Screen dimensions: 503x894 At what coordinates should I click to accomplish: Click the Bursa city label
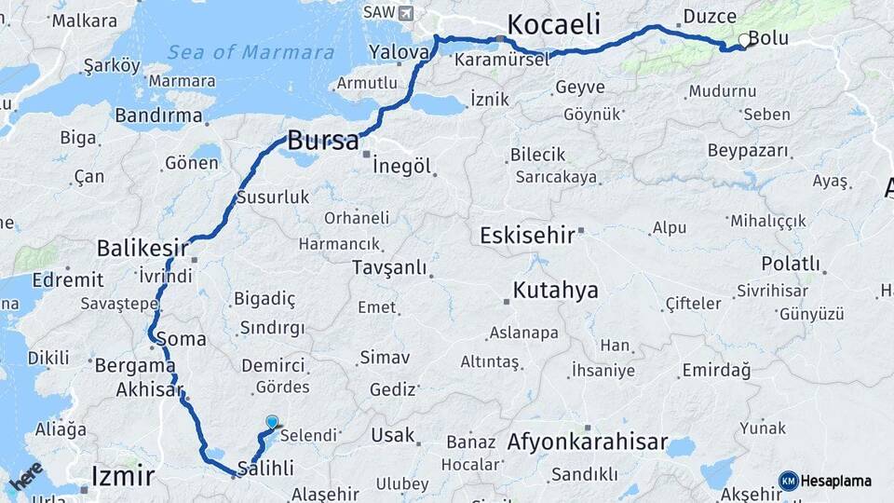click(322, 142)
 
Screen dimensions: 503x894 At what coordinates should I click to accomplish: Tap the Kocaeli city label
click(554, 24)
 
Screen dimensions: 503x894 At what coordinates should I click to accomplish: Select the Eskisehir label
click(527, 235)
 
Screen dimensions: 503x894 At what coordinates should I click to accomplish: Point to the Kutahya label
click(555, 291)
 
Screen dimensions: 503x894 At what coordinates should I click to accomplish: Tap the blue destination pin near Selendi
click(272, 422)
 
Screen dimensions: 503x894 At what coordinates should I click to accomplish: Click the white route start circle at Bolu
click(743, 40)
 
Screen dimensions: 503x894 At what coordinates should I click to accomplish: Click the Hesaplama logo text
click(835, 481)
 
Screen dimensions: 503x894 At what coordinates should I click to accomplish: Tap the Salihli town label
click(266, 468)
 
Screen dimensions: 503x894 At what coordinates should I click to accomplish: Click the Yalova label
click(398, 52)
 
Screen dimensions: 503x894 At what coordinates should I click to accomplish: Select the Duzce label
click(710, 16)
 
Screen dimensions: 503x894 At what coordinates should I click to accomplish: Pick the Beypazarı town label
click(748, 150)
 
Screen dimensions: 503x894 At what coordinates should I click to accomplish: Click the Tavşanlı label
click(389, 267)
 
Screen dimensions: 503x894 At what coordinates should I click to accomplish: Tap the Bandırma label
click(159, 116)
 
